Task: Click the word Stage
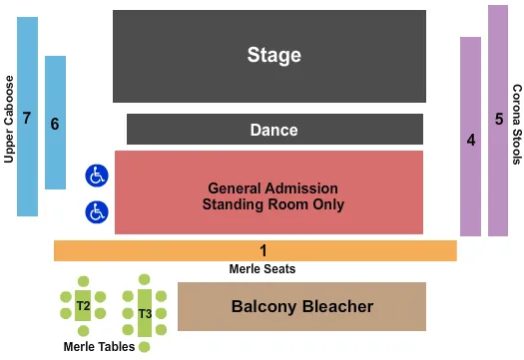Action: click(273, 55)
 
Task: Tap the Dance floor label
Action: click(273, 130)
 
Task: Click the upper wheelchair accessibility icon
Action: click(96, 177)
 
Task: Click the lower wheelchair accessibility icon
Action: click(96, 211)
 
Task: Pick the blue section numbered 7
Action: click(27, 118)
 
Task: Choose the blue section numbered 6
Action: click(55, 124)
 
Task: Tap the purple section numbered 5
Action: click(498, 120)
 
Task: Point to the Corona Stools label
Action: click(517, 124)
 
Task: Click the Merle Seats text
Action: click(262, 268)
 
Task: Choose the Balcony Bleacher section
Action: click(301, 306)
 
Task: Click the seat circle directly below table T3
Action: click(145, 346)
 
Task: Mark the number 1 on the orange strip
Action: click(263, 250)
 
